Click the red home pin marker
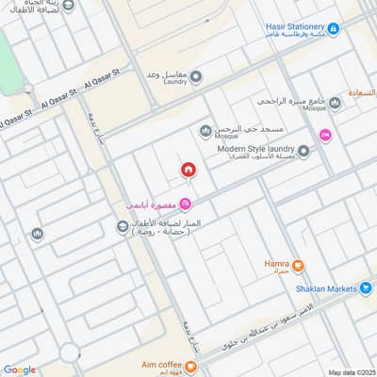point(188,170)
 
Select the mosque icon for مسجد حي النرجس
point(205,130)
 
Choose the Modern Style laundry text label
point(256,148)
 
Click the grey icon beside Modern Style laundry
point(303,150)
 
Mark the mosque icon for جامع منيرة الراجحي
point(335,103)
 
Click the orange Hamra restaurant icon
point(298,266)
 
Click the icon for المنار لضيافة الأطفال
point(123,225)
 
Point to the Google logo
point(19,369)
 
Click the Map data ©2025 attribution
point(351,372)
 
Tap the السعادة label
point(359,92)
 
